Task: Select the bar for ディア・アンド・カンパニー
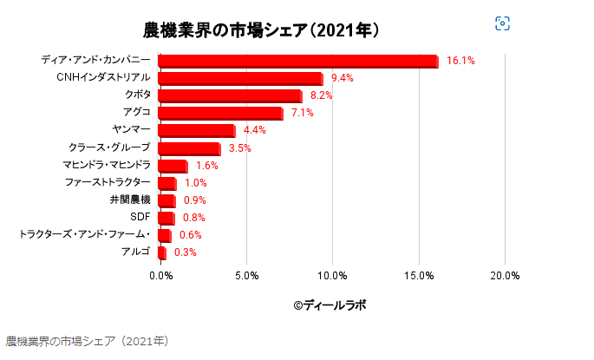(x=298, y=61)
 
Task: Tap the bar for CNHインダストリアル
(x=240, y=78)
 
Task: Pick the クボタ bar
(x=230, y=95)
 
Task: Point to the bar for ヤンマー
(x=196, y=130)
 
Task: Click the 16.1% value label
(x=460, y=61)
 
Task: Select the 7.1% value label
(x=303, y=113)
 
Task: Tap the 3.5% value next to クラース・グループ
(x=240, y=147)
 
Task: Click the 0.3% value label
(x=186, y=252)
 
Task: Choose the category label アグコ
(x=137, y=113)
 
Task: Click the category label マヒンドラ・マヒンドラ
(x=107, y=165)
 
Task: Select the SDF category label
(x=140, y=217)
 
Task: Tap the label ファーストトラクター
(x=108, y=182)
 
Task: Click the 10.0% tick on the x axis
(x=333, y=276)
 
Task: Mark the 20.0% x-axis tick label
(x=505, y=276)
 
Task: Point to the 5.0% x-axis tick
(x=247, y=276)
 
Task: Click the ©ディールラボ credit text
(x=330, y=305)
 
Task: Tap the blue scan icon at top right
(x=502, y=23)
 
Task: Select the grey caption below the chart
(x=87, y=341)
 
